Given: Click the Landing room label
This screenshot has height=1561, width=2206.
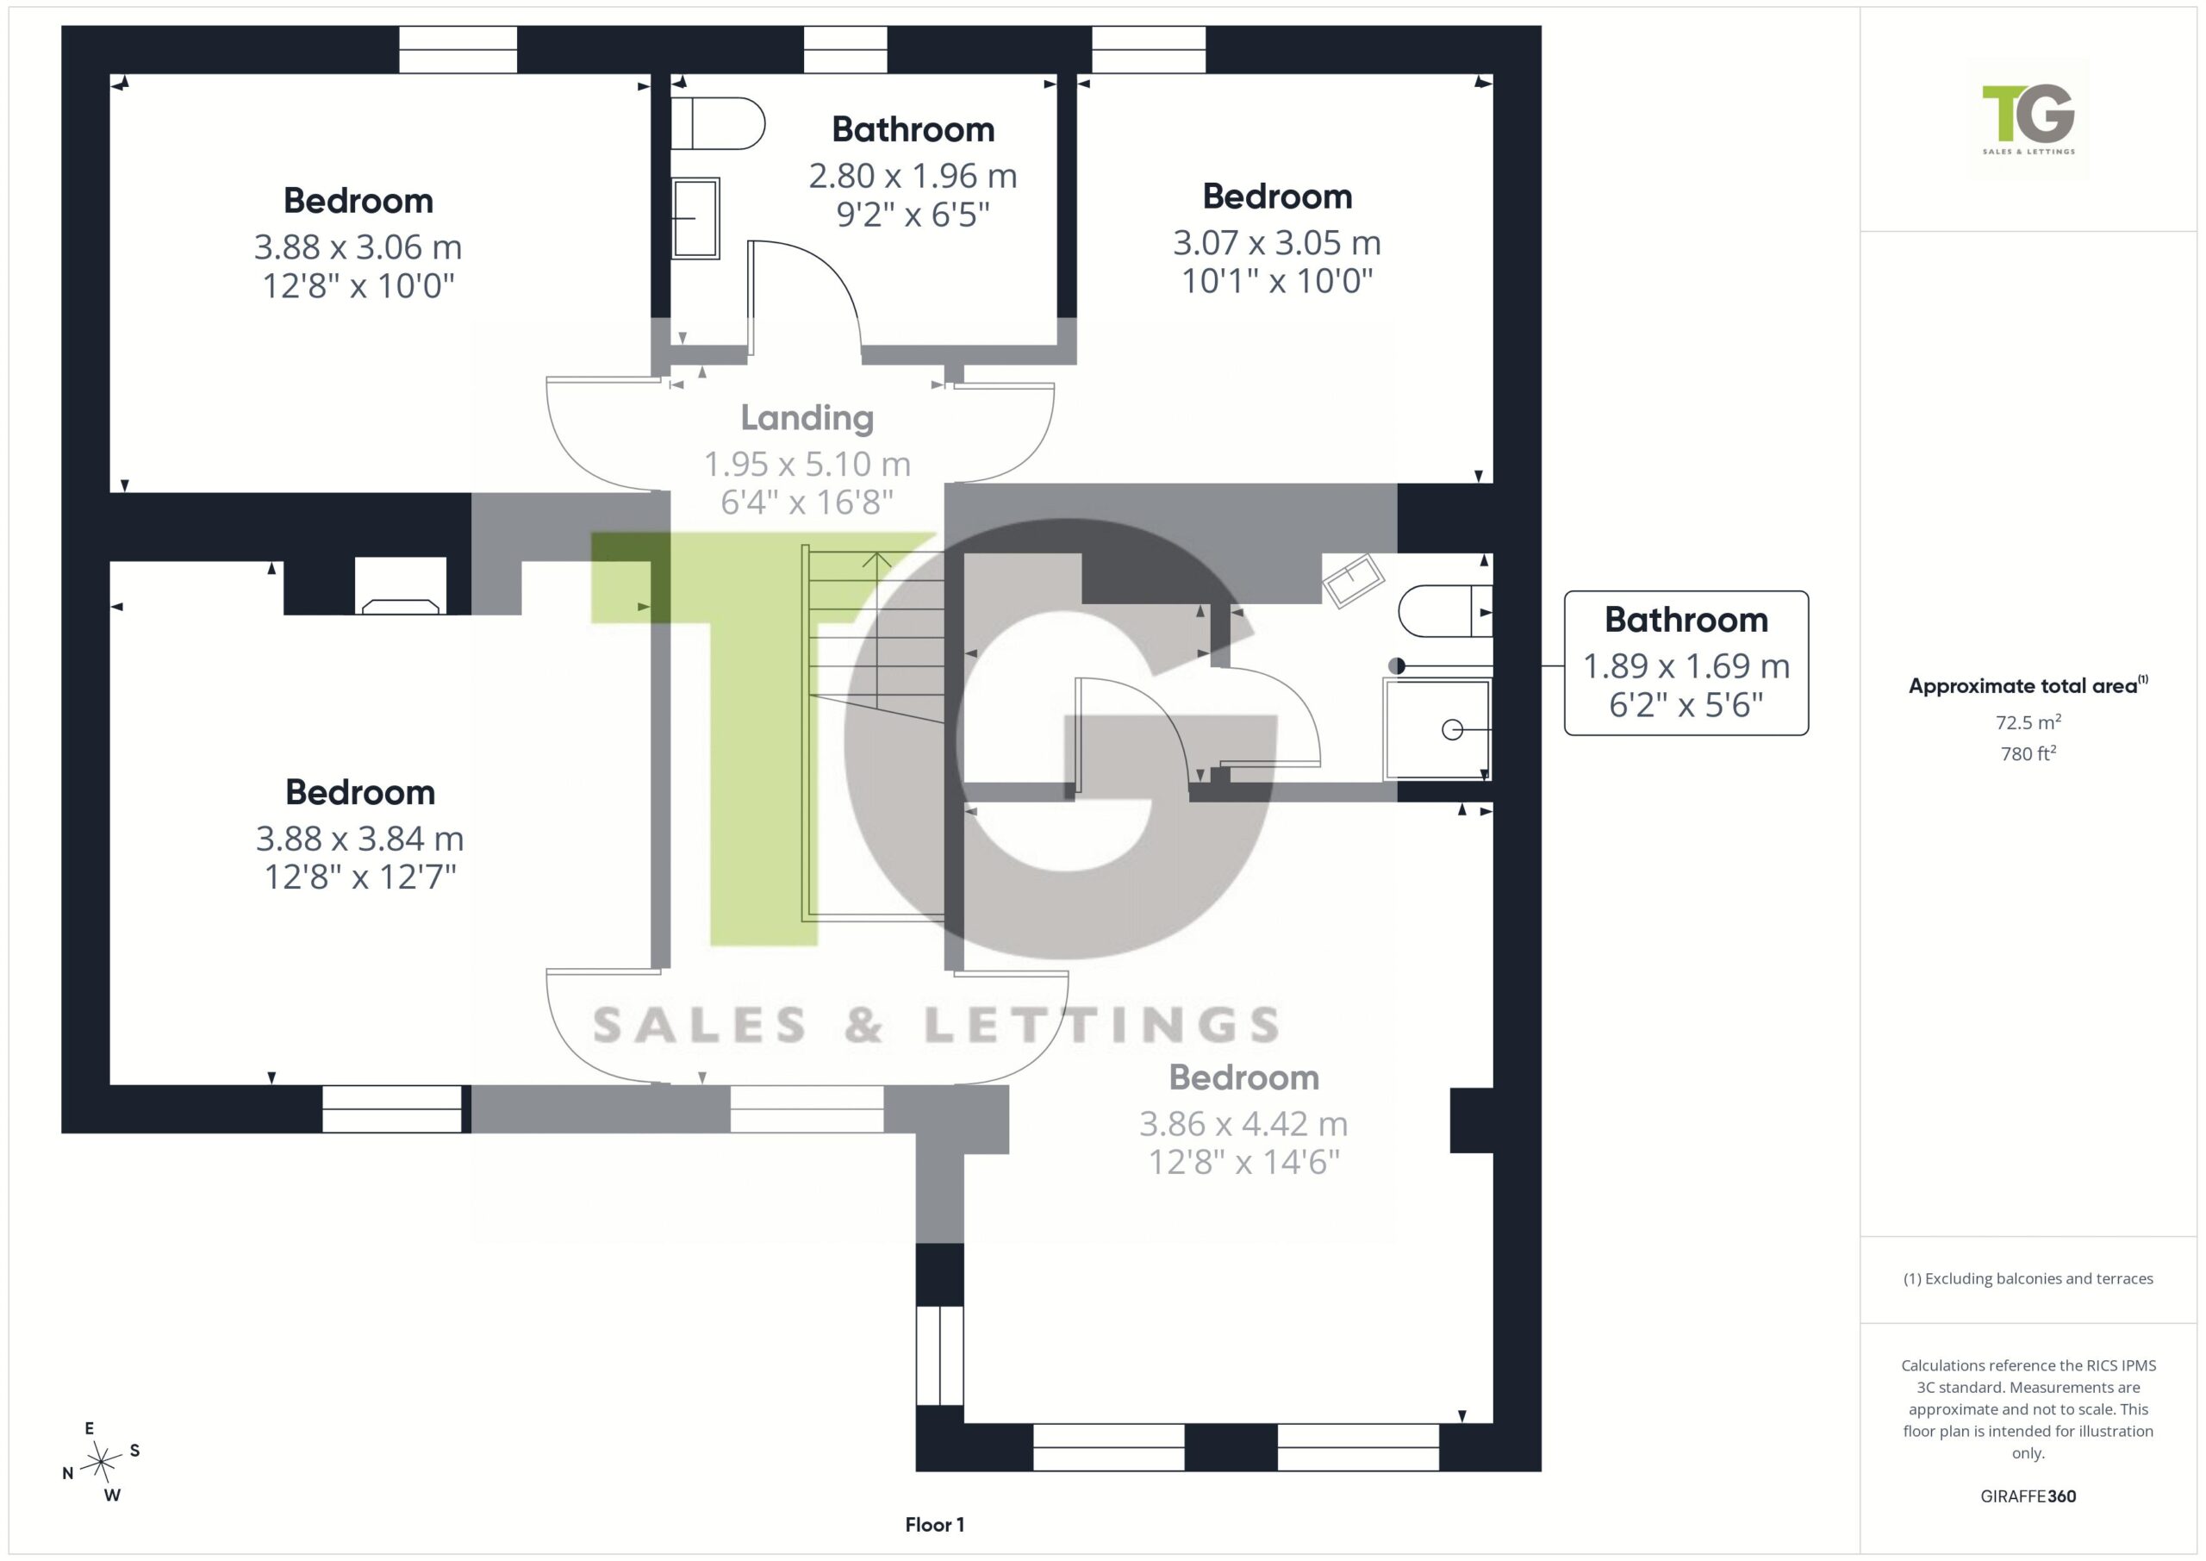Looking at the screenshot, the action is coord(807,418).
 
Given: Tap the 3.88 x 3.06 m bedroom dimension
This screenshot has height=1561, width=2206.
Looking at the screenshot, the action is coord(358,247).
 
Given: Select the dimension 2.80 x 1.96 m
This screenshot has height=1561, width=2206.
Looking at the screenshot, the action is coord(913,176).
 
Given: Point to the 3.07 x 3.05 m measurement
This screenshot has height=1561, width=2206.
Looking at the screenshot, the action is coord(1277,243).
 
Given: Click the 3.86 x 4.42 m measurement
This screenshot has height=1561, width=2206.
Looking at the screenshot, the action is coord(1243,1124).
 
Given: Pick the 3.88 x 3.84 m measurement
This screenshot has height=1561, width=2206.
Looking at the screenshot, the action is coord(359,840).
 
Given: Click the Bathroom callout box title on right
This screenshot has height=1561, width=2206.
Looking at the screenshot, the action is coord(1686,620).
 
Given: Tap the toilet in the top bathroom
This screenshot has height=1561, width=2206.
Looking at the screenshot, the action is coord(717,123).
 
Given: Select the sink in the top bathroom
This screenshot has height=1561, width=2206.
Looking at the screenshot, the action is coord(695,218).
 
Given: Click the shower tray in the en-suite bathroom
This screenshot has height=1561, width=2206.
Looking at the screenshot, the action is coord(1437,728).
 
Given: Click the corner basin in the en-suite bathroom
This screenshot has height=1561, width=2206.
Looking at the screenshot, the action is coord(1353,579).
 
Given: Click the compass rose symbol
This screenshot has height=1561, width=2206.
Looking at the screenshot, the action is coord(101,1462).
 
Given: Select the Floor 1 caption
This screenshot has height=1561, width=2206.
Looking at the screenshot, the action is coord(934,1525).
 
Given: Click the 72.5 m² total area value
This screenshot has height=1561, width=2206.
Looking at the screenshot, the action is coord(2028,721).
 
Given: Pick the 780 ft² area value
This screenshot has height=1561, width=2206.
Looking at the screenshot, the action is coord(2028,753).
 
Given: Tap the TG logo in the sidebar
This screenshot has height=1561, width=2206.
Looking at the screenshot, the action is coord(2028,119).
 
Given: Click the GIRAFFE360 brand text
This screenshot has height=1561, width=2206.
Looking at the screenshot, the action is coord(2028,1496).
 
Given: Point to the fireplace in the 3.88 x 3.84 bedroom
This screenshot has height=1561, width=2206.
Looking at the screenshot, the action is coord(401,585).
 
